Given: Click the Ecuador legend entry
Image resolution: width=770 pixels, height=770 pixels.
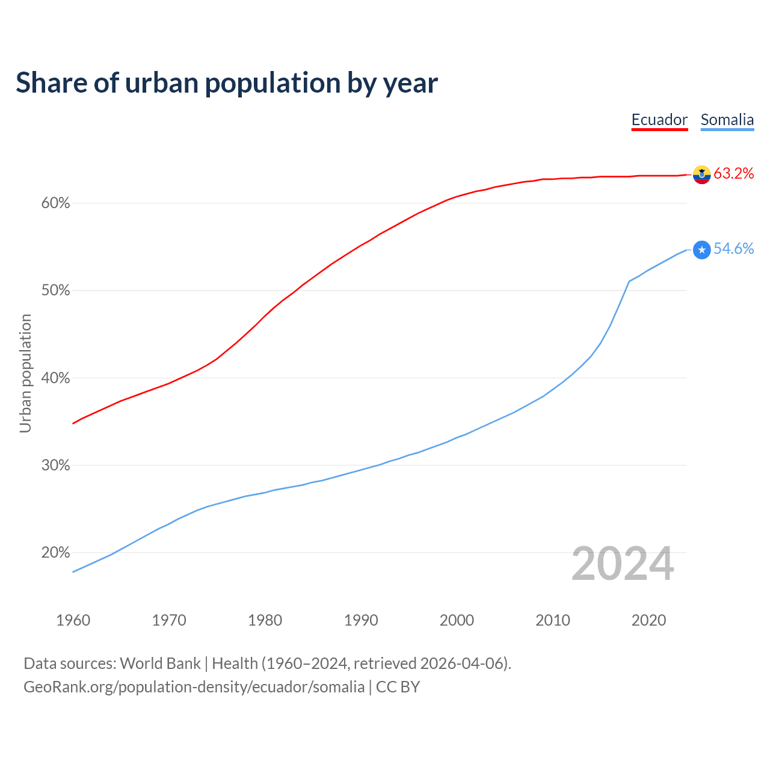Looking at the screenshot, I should point(659,120).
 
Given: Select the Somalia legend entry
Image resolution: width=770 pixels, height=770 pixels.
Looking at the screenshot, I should point(727,120).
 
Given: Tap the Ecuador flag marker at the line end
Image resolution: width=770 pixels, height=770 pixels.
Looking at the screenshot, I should point(701,174).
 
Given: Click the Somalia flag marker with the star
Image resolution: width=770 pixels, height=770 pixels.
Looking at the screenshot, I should point(701,250).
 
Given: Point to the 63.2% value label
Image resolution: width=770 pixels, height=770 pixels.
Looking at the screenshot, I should point(733,174).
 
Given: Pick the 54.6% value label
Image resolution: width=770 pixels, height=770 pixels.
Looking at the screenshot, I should point(733,249).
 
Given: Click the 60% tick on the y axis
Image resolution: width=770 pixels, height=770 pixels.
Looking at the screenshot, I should point(56,203).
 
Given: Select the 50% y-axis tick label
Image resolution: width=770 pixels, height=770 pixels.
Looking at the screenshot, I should point(56,291).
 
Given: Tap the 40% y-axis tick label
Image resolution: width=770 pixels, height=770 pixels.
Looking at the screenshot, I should point(56,378).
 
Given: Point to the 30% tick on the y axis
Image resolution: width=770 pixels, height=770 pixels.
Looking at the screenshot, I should point(56,466).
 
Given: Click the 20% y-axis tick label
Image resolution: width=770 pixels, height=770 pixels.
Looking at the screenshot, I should point(56,553).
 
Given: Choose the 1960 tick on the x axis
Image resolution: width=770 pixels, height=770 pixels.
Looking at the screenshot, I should point(73,620).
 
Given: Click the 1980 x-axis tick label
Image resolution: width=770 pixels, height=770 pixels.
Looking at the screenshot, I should point(265,620).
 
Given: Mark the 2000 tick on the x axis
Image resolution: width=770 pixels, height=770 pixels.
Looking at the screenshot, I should point(457,620).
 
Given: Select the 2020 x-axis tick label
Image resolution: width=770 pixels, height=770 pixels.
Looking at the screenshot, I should point(648,620).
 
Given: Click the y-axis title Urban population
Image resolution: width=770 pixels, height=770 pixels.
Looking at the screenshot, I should point(25,373).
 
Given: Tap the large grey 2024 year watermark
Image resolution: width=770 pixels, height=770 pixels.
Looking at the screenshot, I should point(623,564).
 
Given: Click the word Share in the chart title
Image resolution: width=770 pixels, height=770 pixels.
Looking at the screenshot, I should point(51,83).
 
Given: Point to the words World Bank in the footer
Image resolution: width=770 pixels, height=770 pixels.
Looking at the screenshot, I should point(160,664).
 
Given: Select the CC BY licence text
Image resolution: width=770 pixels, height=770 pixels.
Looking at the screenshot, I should point(398,687).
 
